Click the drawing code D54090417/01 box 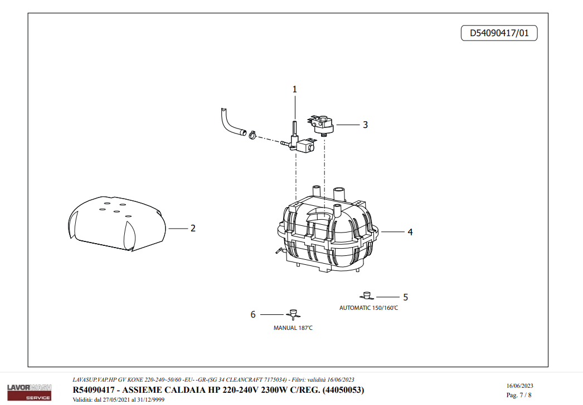(x=499, y=33)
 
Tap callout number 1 (x=295, y=89)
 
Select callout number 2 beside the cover (x=193, y=228)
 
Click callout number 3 (x=365, y=125)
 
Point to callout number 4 (x=410, y=231)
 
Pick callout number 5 (x=405, y=297)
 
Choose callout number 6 (x=253, y=315)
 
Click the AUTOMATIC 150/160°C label (x=369, y=308)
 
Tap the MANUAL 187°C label (x=293, y=328)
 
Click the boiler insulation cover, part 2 (x=117, y=223)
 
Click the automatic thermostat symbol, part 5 (x=367, y=295)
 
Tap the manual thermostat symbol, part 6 (x=292, y=314)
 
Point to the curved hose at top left (x=229, y=122)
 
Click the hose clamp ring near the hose (x=252, y=134)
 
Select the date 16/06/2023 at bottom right (x=520, y=386)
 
